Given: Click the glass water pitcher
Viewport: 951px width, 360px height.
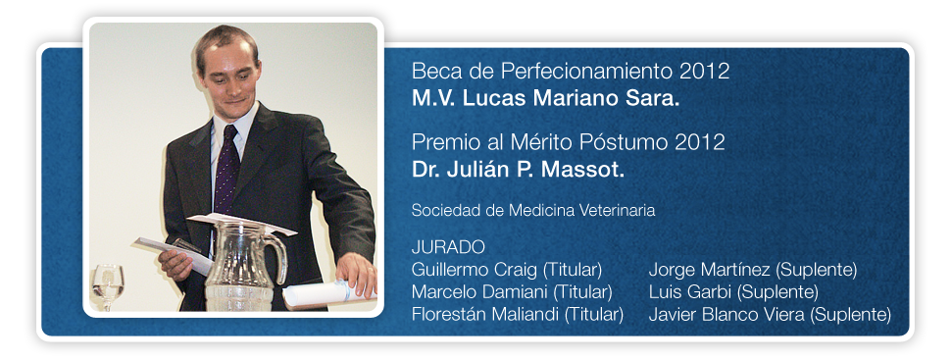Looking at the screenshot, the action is tap(242, 267).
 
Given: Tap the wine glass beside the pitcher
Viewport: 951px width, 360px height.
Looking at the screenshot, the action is tap(107, 286).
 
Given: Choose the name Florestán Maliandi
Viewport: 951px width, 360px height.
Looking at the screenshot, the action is tap(486, 315).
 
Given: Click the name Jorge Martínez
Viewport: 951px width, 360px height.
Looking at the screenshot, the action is tap(710, 270).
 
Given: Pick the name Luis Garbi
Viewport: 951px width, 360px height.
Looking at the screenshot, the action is tap(690, 292).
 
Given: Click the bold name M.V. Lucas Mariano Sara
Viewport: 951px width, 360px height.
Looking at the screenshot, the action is tap(546, 99).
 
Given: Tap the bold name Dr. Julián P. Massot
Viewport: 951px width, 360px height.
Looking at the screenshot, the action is tap(518, 170).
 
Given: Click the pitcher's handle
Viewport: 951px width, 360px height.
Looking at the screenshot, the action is tap(277, 259).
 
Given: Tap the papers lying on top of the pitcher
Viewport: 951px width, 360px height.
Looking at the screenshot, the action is tap(241, 223).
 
